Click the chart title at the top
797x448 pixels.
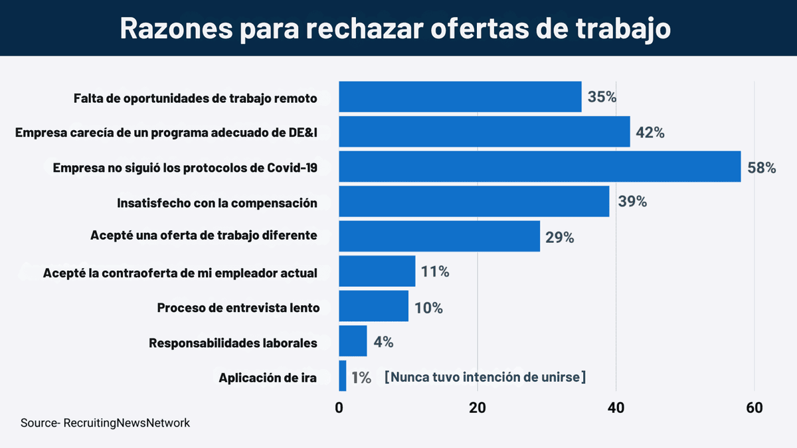coord(395,29)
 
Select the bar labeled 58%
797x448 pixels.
coord(539,167)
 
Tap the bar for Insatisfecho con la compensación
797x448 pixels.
coord(474,202)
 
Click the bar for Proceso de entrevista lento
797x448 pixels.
coord(373,307)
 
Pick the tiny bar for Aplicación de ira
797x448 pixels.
coord(343,376)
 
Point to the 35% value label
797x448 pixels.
coord(602,97)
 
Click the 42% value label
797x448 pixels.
coord(650,132)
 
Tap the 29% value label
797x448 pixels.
coord(559,237)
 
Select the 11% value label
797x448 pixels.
coord(435,271)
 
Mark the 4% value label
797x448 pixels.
coord(383,342)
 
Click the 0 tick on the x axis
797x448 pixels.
coord(339,408)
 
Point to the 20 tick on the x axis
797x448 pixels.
coord(478,408)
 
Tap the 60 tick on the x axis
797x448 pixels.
coord(754,408)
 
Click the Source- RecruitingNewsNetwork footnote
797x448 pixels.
coord(105,423)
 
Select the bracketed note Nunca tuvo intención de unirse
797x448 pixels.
coord(485,377)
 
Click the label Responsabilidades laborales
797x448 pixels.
coord(233,342)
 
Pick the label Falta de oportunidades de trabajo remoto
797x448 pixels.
coord(195,98)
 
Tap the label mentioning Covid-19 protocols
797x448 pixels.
coord(185,168)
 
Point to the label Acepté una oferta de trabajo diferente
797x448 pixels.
coord(203,236)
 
